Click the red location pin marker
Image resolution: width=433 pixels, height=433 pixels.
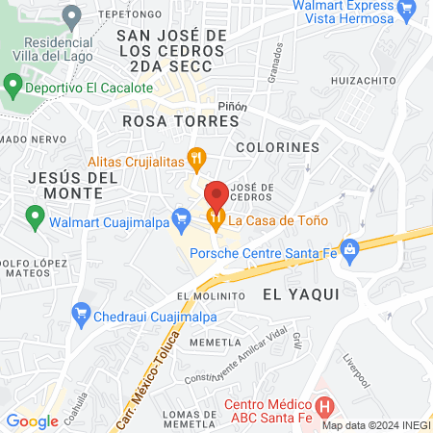click(216, 196)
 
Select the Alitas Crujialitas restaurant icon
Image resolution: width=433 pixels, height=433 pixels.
click(196, 157)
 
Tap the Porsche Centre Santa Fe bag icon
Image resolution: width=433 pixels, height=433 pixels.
click(350, 252)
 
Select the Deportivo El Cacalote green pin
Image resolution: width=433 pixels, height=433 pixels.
click(13, 87)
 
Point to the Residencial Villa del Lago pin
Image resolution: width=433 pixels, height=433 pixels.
click(70, 16)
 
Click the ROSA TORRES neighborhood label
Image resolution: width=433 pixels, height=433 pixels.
click(181, 122)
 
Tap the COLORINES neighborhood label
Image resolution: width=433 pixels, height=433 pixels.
click(277, 147)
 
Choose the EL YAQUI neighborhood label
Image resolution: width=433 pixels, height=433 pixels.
click(300, 295)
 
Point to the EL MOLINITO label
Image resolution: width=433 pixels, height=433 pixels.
click(207, 295)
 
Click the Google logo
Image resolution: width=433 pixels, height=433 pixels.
click(32, 420)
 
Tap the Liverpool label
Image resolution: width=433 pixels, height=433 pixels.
click(356, 370)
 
